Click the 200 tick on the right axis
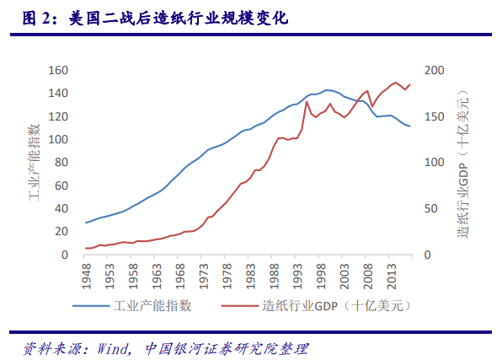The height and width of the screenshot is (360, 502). [431, 71]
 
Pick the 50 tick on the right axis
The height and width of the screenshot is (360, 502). [428, 209]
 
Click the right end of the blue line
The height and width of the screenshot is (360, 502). [410, 126]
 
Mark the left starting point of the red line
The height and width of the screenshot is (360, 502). [86, 248]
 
